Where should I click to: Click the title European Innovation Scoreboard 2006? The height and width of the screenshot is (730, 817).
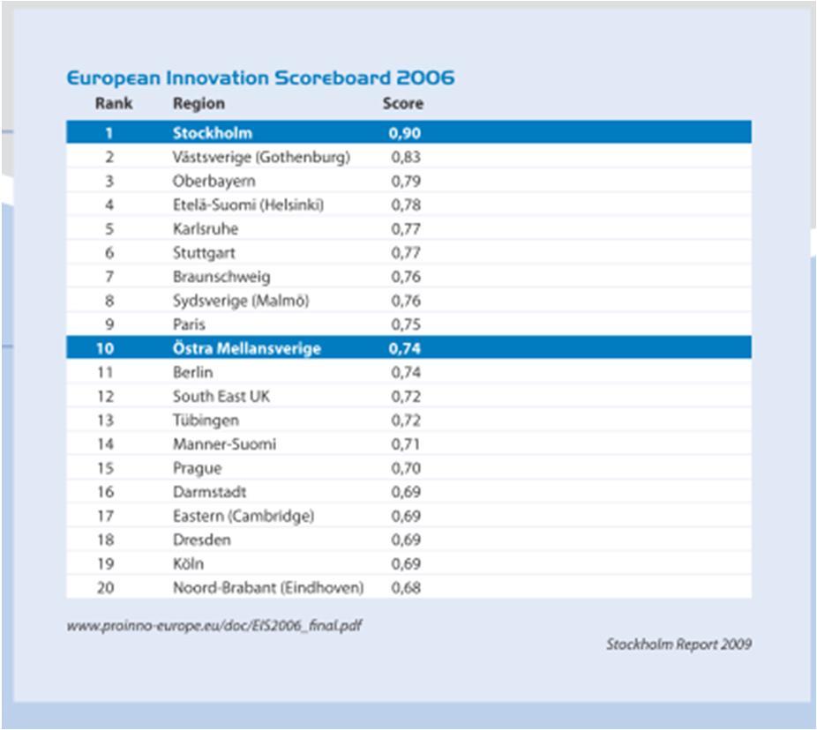(260, 78)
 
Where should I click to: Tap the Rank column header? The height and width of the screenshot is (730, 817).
(114, 103)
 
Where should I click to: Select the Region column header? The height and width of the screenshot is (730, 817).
(199, 104)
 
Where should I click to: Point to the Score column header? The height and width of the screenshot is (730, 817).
(403, 103)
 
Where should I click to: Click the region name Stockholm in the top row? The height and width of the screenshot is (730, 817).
(212, 133)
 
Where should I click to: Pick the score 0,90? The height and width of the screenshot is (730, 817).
(404, 133)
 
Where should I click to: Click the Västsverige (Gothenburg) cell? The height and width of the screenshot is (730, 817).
(261, 157)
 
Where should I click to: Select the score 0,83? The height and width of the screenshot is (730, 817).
(405, 157)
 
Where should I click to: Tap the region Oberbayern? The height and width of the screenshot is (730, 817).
(214, 182)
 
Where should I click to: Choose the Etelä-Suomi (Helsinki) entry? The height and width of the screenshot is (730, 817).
(248, 205)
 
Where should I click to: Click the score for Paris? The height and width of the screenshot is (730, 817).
(405, 324)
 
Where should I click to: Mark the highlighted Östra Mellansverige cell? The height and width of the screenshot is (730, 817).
(246, 348)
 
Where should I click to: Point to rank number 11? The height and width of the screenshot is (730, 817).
(105, 372)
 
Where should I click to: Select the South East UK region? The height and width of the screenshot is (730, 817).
(221, 396)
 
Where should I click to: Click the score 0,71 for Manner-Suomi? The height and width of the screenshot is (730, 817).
(405, 444)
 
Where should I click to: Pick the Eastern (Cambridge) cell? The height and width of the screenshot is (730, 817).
(244, 516)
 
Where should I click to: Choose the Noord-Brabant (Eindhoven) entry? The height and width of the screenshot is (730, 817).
(268, 588)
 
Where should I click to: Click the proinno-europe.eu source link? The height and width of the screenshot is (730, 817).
(214, 625)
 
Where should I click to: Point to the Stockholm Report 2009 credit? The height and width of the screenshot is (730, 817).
(678, 644)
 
